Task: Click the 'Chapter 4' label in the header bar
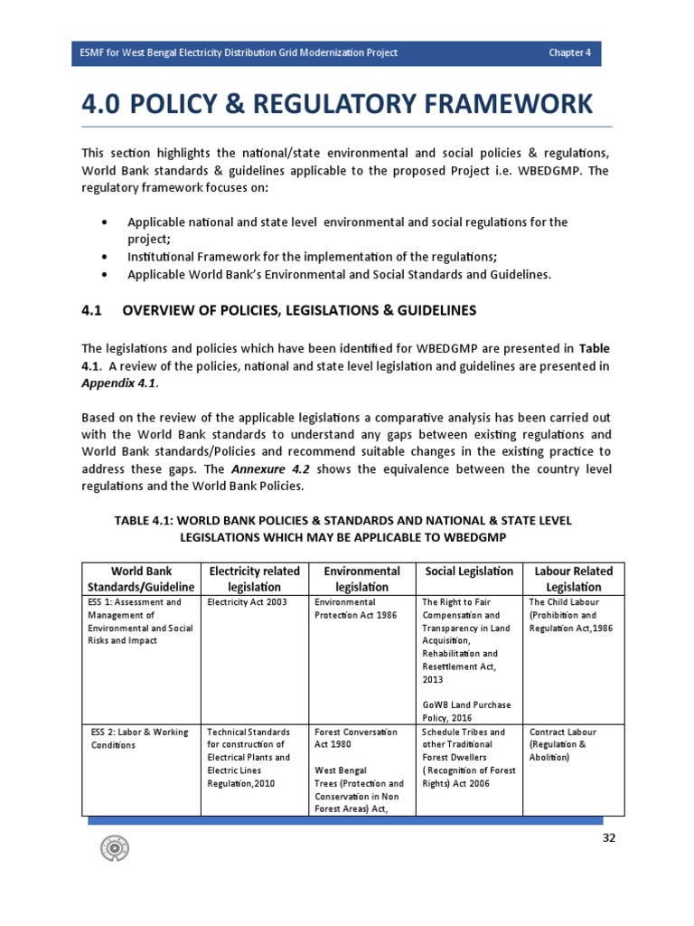pos(569,52)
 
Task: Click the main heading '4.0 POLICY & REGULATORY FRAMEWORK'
pos(338,103)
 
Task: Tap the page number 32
pos(609,838)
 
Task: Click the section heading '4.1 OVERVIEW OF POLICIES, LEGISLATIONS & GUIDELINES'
pos(278,310)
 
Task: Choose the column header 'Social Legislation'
pos(469,572)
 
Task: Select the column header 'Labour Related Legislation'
pos(573,579)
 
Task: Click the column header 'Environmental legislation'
pos(362,579)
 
